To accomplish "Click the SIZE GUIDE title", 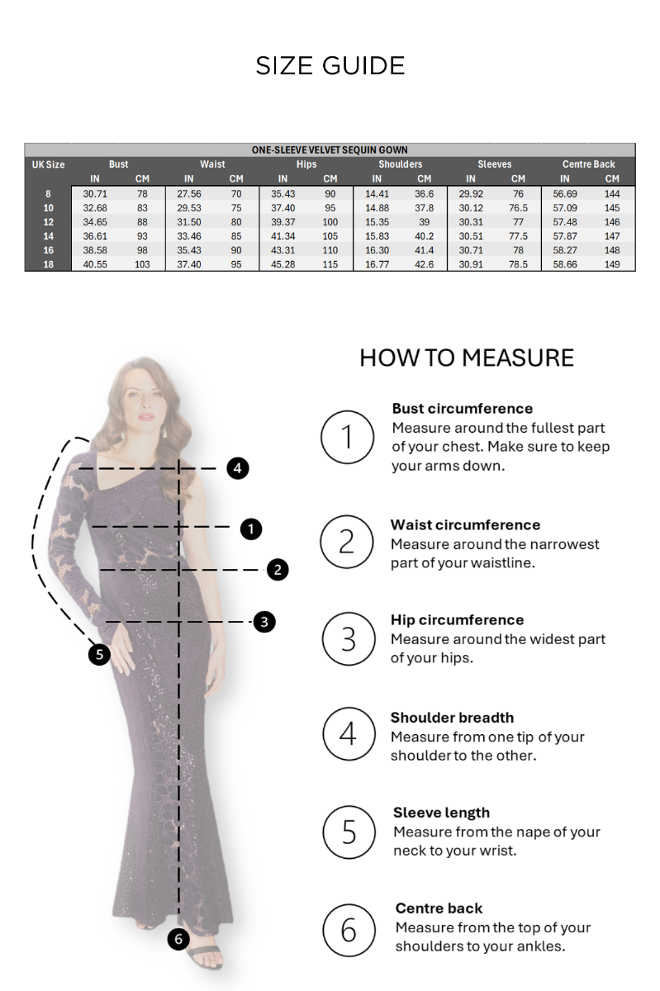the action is (330, 66).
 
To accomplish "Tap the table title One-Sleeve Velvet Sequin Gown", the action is (330, 150).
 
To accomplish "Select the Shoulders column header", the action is (400, 164).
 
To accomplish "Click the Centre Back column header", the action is (588, 164).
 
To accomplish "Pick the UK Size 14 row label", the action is (48, 236).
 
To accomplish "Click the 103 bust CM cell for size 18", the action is (142, 264).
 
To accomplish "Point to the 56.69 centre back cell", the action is (565, 194).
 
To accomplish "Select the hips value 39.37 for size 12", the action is (283, 222).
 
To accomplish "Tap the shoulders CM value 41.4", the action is (424, 250).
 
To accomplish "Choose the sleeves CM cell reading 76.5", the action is (518, 208).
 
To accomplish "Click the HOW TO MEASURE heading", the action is (467, 358).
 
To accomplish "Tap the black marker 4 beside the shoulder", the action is (238, 468).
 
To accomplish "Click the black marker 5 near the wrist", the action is (99, 654).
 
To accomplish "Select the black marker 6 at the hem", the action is (178, 939).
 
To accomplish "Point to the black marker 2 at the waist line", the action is (278, 569).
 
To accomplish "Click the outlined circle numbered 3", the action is (349, 639).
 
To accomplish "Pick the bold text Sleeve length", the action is (441, 813).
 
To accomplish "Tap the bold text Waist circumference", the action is (465, 524).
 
